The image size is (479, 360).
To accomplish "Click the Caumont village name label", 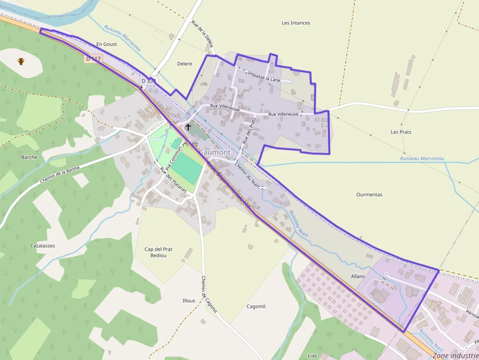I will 215,152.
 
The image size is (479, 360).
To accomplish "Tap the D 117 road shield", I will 93,59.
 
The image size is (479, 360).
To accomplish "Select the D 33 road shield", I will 147,81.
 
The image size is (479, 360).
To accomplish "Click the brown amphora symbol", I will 21,61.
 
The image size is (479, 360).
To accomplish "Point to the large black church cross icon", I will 188,127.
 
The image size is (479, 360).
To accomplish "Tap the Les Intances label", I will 296,23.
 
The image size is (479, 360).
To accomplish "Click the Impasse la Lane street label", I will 264,76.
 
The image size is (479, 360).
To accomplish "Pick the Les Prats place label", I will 401,132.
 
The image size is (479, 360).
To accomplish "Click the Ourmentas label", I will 369,194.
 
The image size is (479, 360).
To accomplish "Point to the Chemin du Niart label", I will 247,175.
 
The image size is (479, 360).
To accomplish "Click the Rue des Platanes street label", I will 173,180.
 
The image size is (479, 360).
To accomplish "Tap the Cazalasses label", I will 43,246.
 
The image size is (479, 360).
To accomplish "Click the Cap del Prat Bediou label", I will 158,252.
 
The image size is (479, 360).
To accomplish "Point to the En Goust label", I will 107,44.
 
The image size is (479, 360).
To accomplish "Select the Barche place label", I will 29,157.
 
